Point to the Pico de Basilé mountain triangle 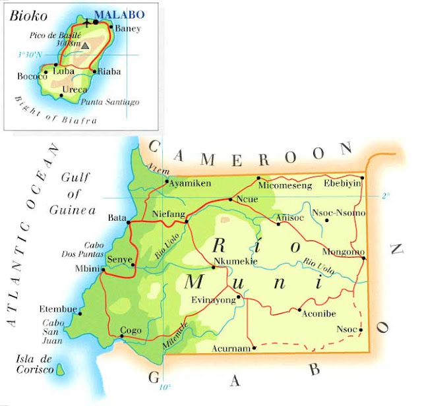[85, 46]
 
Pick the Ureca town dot [61, 95]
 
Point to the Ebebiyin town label [342, 184]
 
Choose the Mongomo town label [340, 252]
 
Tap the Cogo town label [130, 330]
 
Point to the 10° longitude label [164, 387]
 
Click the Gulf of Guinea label [73, 194]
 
